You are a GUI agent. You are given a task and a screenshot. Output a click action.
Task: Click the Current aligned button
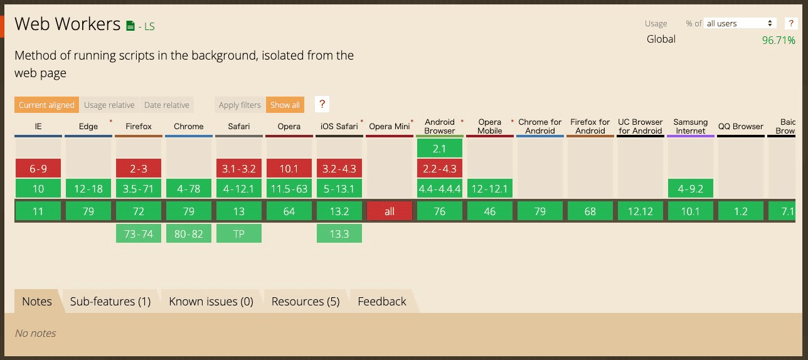point(46,105)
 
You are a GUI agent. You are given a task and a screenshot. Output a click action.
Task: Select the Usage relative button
point(109,105)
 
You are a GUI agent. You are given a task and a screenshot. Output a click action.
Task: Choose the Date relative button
point(167,105)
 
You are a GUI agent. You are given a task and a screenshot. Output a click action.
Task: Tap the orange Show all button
point(285,105)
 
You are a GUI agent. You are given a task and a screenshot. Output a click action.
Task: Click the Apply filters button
point(240,105)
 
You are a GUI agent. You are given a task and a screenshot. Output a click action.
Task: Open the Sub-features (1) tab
point(110,301)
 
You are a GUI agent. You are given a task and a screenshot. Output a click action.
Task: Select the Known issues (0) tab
point(211,301)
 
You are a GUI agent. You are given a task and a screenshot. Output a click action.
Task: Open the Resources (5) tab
point(306,301)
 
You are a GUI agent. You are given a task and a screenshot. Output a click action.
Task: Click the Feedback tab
point(382,301)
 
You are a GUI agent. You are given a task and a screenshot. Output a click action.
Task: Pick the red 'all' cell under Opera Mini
point(390,211)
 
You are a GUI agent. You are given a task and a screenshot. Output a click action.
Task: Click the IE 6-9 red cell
point(38,169)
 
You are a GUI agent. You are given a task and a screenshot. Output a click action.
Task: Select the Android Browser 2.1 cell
point(440,148)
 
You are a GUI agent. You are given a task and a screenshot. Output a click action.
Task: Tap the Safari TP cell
point(239,233)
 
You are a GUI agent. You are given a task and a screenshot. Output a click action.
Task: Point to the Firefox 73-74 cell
point(139,233)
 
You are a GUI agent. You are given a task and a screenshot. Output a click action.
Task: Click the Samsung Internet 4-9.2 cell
point(691,188)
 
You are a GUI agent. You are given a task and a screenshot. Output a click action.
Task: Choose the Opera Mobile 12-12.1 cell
point(490,188)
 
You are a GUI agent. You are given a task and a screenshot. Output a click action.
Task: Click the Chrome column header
point(189,126)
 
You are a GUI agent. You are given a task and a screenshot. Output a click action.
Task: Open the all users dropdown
point(740,23)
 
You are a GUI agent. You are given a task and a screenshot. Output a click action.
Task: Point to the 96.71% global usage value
point(779,40)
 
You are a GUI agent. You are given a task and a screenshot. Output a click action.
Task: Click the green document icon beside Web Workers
point(130,26)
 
